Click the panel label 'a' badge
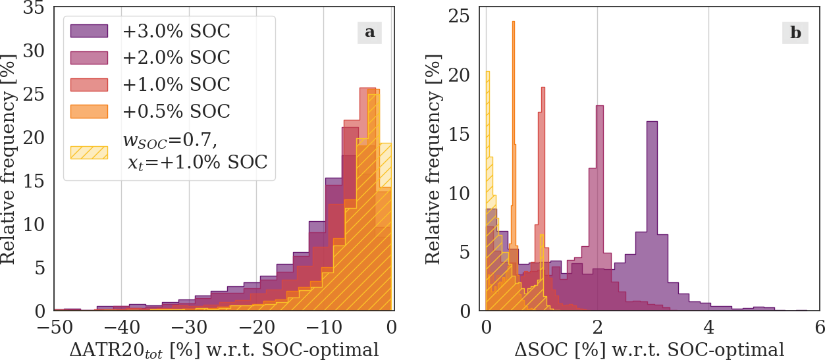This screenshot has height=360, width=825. tap(370, 32)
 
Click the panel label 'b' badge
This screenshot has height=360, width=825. tap(795, 32)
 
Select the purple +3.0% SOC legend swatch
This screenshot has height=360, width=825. tap(90, 31)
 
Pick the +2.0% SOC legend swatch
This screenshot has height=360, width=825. tap(90, 58)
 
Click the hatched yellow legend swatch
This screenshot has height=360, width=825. tap(90, 151)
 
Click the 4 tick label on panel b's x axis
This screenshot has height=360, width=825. tap(708, 327)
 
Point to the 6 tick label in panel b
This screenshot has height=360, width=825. tap(819, 327)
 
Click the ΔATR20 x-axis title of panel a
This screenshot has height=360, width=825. tap(224, 349)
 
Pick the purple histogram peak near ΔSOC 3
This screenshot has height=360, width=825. tap(652, 125)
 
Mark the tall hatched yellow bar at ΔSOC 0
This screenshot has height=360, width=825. tap(487, 76)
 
